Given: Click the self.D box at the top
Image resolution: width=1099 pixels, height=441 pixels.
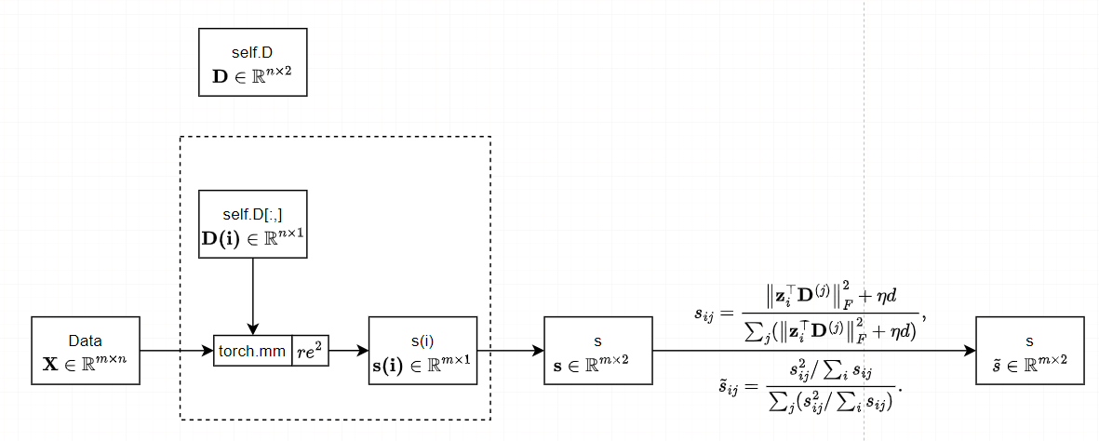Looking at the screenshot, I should point(252,61).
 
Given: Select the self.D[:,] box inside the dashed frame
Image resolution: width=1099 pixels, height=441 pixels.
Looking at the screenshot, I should point(252,224).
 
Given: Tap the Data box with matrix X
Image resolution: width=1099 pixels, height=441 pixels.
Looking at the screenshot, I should point(86,351).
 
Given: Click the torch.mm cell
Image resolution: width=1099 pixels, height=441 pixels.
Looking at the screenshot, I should point(253,352).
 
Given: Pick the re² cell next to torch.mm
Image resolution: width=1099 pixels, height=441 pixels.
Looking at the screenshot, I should point(311,352).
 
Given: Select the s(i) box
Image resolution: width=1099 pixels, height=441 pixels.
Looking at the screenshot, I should point(422,351).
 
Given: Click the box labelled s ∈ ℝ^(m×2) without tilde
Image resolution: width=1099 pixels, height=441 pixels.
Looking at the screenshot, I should point(597,351).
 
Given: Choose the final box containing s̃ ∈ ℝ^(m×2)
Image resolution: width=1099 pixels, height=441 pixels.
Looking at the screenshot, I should point(1029,351).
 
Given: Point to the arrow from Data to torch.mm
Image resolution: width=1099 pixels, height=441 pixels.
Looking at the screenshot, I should point(177,352).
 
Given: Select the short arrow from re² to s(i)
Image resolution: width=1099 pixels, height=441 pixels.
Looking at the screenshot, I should point(348,352).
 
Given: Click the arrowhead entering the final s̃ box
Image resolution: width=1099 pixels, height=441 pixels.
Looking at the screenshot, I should point(969,352).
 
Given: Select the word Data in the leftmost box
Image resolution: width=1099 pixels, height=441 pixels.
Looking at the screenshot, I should point(86,340).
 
